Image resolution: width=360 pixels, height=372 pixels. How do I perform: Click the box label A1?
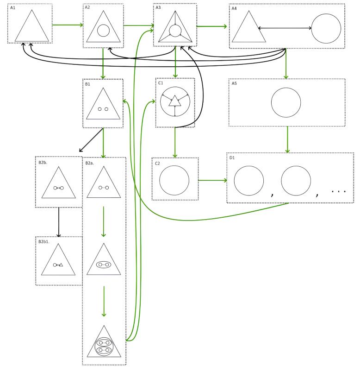[x=12, y=8]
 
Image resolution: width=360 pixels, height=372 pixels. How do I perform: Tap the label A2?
[x=87, y=8]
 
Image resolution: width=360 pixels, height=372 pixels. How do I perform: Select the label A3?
[x=158, y=8]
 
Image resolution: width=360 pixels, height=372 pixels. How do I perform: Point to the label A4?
[x=234, y=8]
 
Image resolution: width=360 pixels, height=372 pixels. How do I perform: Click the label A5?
[x=234, y=83]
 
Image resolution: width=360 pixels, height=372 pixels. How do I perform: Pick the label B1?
[x=87, y=84]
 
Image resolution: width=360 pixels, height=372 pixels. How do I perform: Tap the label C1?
[x=161, y=83]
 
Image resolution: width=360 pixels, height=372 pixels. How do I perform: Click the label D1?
[x=232, y=158]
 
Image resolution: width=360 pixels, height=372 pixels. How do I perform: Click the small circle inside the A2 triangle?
[x=103, y=31]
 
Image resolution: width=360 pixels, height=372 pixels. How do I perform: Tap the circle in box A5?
[x=286, y=102]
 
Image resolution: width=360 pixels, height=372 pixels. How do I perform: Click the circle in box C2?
[x=174, y=180]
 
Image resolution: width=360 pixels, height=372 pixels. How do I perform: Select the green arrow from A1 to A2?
[x=68, y=25]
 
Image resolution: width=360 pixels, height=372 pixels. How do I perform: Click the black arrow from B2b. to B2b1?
[x=59, y=222]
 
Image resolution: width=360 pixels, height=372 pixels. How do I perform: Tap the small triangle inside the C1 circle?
[x=174, y=101]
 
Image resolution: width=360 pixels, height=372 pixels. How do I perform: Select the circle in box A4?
[x=326, y=29]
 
